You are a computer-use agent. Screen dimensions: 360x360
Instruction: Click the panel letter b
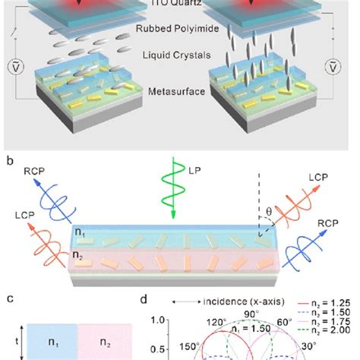pyautogui.click(x=8, y=161)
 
